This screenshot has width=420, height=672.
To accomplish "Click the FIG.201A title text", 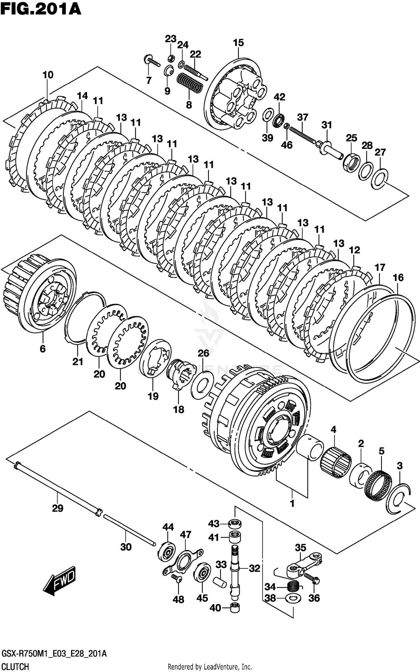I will [x=41, y=9].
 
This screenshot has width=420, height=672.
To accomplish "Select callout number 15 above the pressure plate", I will [x=238, y=43].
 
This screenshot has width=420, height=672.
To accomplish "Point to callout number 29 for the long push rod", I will [x=58, y=508].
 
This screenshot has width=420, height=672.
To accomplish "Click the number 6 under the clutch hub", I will [x=43, y=349].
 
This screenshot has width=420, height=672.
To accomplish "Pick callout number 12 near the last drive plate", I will [x=354, y=250].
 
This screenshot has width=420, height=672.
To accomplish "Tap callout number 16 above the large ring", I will [x=398, y=278].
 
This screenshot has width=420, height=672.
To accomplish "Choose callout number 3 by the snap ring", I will [x=400, y=466].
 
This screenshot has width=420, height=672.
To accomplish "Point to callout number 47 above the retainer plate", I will [x=185, y=534].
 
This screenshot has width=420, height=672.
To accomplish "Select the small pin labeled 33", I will [x=220, y=582].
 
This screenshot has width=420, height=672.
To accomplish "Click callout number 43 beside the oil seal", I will [x=214, y=523].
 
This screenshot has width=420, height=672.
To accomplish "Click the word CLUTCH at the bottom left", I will [x=15, y=666].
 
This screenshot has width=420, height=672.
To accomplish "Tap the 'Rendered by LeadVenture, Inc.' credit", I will [x=210, y=666].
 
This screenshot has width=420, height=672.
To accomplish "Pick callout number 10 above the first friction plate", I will [x=48, y=75].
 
